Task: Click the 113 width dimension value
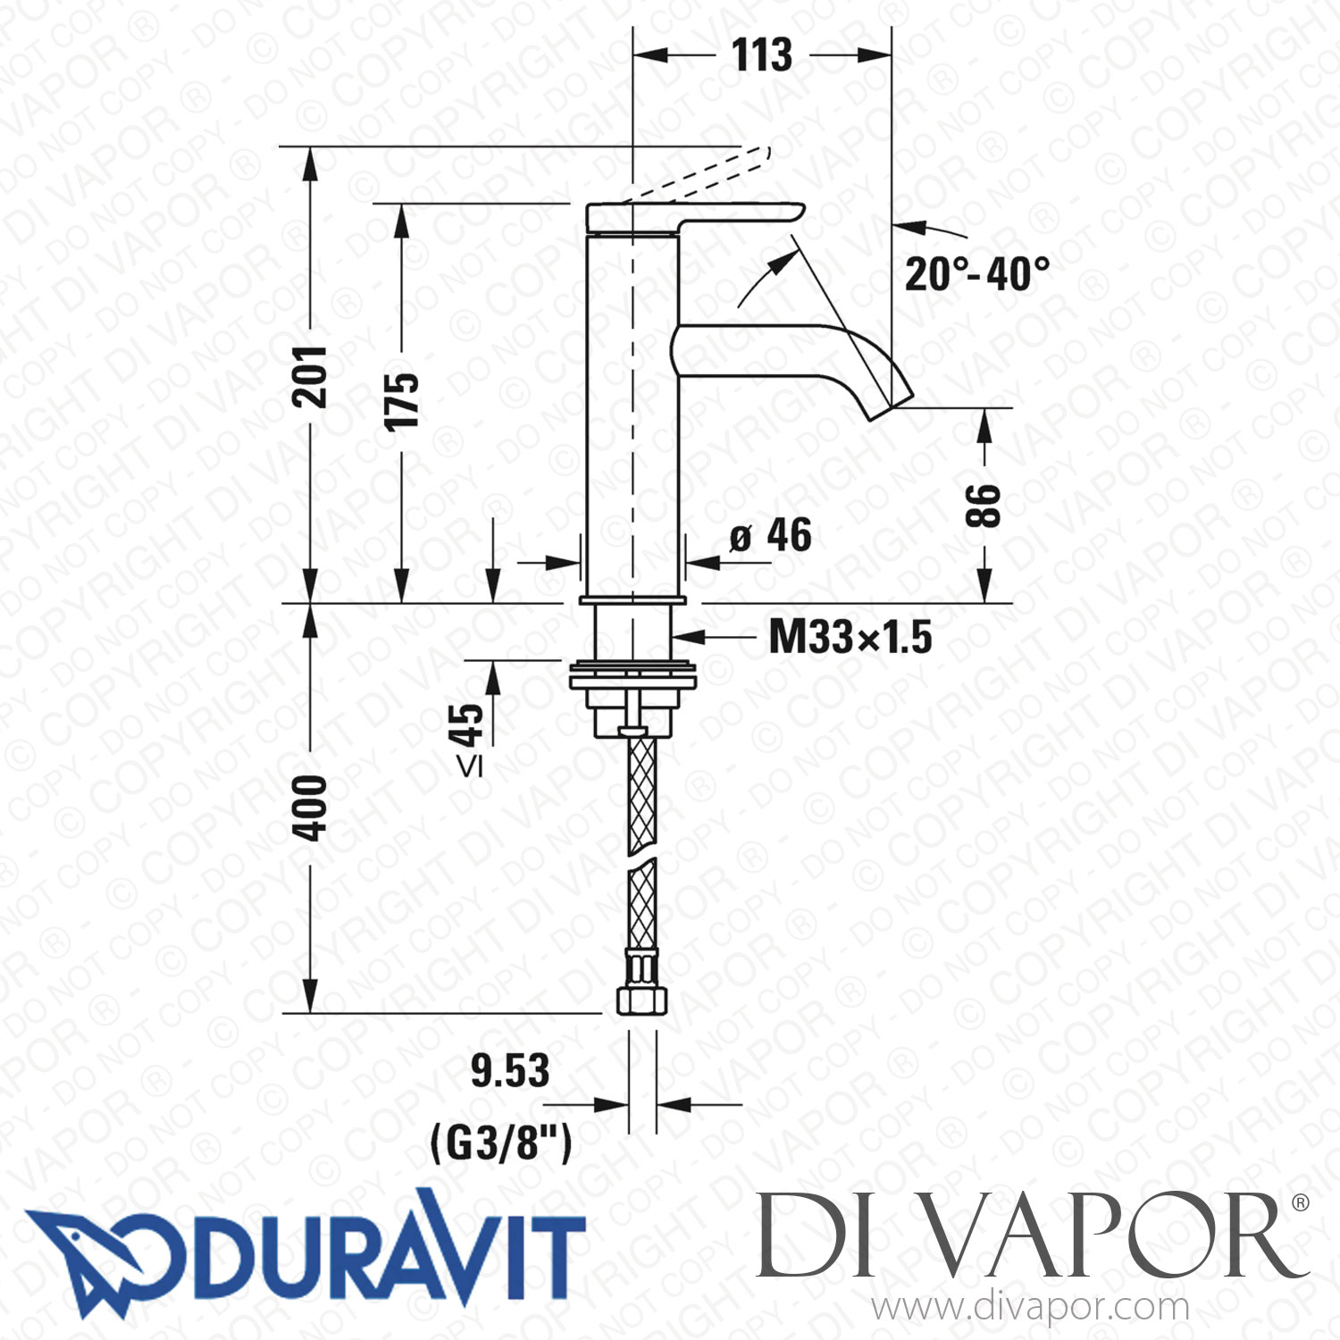click(x=762, y=55)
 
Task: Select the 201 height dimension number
click(x=311, y=377)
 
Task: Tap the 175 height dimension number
click(x=401, y=402)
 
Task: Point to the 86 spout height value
click(x=984, y=506)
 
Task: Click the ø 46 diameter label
click(x=770, y=537)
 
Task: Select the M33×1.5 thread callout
click(x=850, y=638)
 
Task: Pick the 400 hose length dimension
click(x=311, y=808)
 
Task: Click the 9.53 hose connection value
click(x=510, y=1071)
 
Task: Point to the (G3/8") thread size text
click(x=501, y=1143)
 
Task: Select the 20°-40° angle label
click(x=977, y=274)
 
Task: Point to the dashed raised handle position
click(x=697, y=175)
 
